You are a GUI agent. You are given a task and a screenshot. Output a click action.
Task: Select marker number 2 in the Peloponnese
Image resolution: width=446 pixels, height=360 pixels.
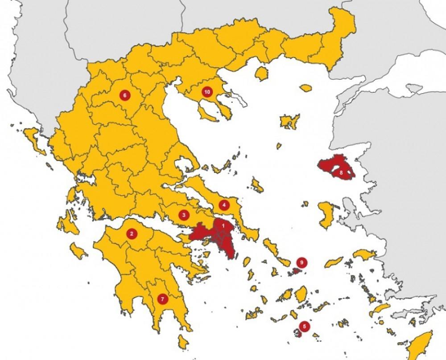pos(131,233)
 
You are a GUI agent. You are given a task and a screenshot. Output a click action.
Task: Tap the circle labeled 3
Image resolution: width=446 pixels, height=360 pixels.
pos(183,215)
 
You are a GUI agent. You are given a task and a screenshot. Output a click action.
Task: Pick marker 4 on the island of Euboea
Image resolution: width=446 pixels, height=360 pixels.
pos(224,205)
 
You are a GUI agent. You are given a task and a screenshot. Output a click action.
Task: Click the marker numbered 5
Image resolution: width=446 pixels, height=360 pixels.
pos(304,326)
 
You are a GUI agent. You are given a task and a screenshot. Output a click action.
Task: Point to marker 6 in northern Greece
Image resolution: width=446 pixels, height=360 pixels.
pos(124,94)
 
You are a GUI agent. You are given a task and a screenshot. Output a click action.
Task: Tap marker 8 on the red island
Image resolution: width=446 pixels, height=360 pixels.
pos(341,172)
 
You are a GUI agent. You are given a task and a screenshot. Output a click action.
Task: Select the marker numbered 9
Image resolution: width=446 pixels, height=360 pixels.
pos(302,262)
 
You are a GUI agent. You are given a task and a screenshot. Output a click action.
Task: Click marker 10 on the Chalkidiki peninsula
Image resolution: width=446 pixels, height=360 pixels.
pos(206,92)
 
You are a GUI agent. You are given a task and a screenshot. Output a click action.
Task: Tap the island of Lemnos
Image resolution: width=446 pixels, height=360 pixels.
pos(289,121)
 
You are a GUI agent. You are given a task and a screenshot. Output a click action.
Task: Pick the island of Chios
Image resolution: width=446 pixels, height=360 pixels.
pos(326,212)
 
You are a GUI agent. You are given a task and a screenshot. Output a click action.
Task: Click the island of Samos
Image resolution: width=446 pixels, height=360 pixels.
pos(364,254)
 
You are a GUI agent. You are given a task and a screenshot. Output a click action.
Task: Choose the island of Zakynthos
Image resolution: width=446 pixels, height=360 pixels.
pos(79,252)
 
